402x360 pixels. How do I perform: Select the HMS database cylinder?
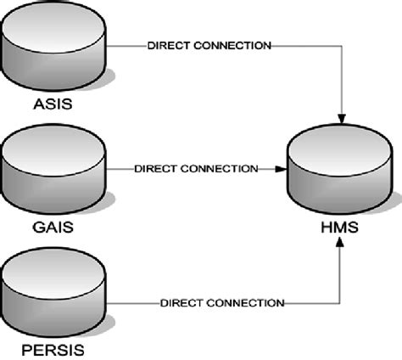(x=340, y=169)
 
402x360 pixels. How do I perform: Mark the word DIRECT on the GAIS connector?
(x=154, y=169)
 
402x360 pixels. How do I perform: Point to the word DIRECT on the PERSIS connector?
(x=181, y=302)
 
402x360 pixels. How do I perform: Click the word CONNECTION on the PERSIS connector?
(x=243, y=302)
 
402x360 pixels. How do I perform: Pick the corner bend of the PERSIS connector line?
(x=340, y=302)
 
